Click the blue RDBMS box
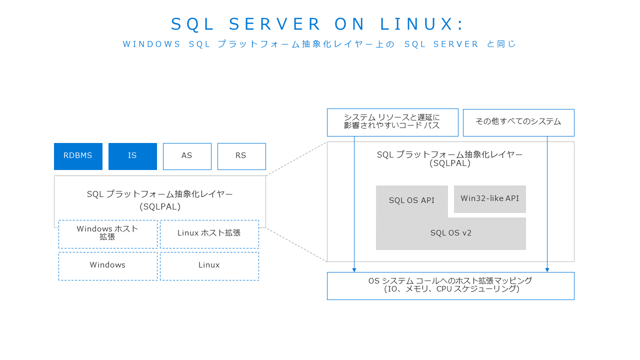coord(78,156)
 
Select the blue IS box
coord(132,156)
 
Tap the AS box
coord(187,156)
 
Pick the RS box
coord(241,156)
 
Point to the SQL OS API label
coord(411,200)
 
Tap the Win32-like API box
coord(490,199)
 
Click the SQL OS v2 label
coord(451,233)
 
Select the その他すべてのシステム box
coord(518,122)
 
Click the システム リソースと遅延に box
coord(392,122)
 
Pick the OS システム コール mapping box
coord(450,286)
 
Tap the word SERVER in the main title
coord(274,24)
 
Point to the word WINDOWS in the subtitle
coord(151,44)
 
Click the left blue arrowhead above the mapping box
coord(354,270)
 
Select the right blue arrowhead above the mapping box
coord(547,270)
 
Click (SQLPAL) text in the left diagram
coord(160,206)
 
